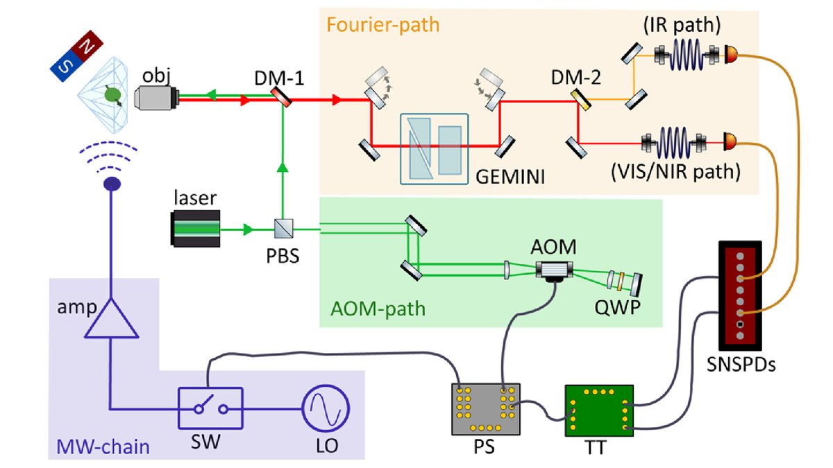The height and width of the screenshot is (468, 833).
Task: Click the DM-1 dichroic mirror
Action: point(281,100)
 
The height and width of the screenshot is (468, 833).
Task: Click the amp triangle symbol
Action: point(110,319)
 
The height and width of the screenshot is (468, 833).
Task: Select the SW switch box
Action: point(210,409)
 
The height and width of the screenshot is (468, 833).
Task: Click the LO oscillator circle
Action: point(324,409)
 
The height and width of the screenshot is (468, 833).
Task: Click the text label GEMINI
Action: point(510,177)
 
